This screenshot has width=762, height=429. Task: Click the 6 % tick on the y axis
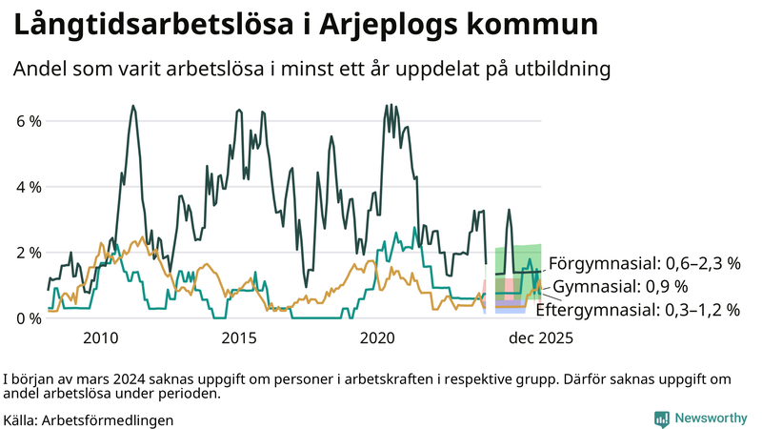(x=28, y=122)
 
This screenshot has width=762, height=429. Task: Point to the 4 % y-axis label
(x=28, y=188)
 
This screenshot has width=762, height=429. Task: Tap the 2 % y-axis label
(x=28, y=253)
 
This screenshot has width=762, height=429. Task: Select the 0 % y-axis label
(x=28, y=318)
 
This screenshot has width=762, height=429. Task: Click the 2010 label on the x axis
(x=101, y=337)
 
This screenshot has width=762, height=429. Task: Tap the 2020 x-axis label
(x=378, y=337)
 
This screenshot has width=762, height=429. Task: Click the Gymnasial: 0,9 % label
(x=620, y=287)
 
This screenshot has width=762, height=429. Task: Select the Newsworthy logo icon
(x=661, y=419)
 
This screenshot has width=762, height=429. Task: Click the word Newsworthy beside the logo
(x=712, y=419)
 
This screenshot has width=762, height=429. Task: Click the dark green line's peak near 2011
(x=132, y=106)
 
